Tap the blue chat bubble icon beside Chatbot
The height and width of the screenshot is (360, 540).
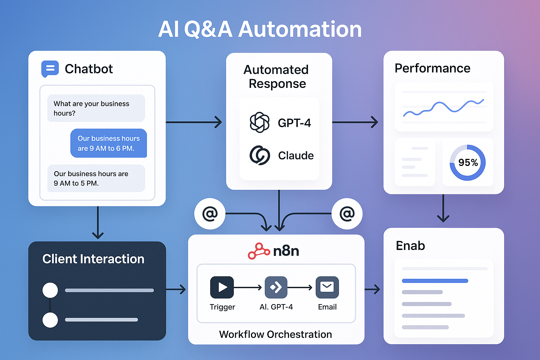(50, 69)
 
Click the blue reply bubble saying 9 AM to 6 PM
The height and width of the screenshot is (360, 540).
(109, 143)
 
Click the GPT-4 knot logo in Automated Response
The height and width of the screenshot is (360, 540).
(259, 122)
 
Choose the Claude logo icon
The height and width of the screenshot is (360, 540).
(260, 155)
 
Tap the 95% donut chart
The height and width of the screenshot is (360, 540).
(468, 162)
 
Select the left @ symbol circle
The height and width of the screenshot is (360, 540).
(210, 214)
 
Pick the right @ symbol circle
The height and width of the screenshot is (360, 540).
(347, 214)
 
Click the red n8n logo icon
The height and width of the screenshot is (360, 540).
(259, 251)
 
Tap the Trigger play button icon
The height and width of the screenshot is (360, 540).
(222, 287)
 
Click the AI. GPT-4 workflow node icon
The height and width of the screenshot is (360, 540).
(276, 287)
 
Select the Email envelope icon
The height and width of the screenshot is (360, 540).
(327, 287)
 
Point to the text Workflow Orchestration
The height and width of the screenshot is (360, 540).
(275, 334)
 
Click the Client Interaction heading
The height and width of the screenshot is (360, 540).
(93, 259)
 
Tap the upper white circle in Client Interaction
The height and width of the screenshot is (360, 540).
(50, 290)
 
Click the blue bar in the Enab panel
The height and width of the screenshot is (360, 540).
(435, 281)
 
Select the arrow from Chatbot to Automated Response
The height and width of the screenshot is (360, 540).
(194, 122)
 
